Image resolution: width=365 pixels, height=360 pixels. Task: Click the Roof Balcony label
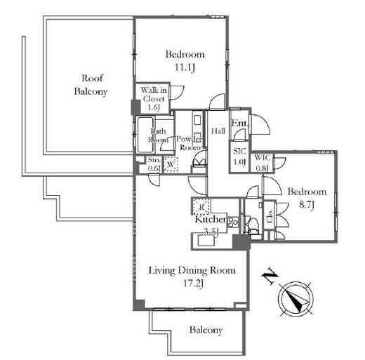pyautogui.click(x=91, y=85)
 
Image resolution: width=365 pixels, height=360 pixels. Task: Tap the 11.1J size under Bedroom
pyautogui.click(x=185, y=67)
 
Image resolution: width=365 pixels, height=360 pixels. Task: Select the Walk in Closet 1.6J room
pyautogui.click(x=153, y=98)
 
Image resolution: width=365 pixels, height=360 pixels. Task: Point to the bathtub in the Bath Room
pyautogui.click(x=145, y=135)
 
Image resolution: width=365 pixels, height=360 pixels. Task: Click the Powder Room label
pyautogui.click(x=189, y=143)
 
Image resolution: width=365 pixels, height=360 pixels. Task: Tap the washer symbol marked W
pyautogui.click(x=171, y=164)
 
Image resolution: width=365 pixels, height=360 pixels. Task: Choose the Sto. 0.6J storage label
pyautogui.click(x=154, y=164)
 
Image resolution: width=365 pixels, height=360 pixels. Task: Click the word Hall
pyautogui.click(x=218, y=131)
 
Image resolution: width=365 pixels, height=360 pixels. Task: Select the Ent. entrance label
pyautogui.click(x=239, y=123)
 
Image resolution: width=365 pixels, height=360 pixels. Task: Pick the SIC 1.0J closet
pyautogui.click(x=239, y=156)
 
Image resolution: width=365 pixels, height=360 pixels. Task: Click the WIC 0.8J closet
pyautogui.click(x=263, y=162)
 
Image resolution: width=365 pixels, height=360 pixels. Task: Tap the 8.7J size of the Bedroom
pyautogui.click(x=307, y=205)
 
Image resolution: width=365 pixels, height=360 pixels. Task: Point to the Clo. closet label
pyautogui.click(x=270, y=216)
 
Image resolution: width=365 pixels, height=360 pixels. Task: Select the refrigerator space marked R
pyautogui.click(x=201, y=206)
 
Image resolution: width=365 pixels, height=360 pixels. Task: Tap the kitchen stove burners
pyautogui.click(x=232, y=222)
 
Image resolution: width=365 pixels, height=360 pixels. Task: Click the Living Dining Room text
pyautogui.click(x=192, y=270)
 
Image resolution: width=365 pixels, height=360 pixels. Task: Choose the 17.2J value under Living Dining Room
pyautogui.click(x=193, y=284)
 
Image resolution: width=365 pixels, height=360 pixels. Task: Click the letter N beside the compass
pyautogui.click(x=270, y=275)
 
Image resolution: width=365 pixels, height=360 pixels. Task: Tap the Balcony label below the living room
pyautogui.click(x=206, y=330)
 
